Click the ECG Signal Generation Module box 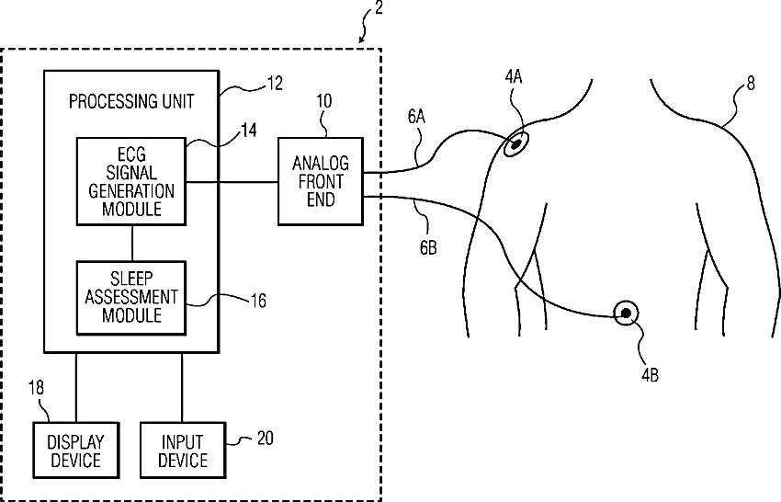point(131,181)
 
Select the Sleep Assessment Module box point(131,298)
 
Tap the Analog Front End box point(321,181)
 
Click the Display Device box point(76,451)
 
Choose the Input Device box point(183,451)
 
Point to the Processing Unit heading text point(131,102)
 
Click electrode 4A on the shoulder point(515,144)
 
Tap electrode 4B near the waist point(626,314)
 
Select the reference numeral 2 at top point(379,7)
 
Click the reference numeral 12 point(275,84)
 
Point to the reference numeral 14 point(249,131)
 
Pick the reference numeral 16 point(258,301)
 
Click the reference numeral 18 point(36,388)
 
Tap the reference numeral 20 point(265,439)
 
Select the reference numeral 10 point(323,101)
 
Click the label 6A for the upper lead point(416,117)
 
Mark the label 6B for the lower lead point(428,246)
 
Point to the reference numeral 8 point(751,83)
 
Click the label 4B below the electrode point(650,374)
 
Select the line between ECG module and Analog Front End point(232,182)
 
